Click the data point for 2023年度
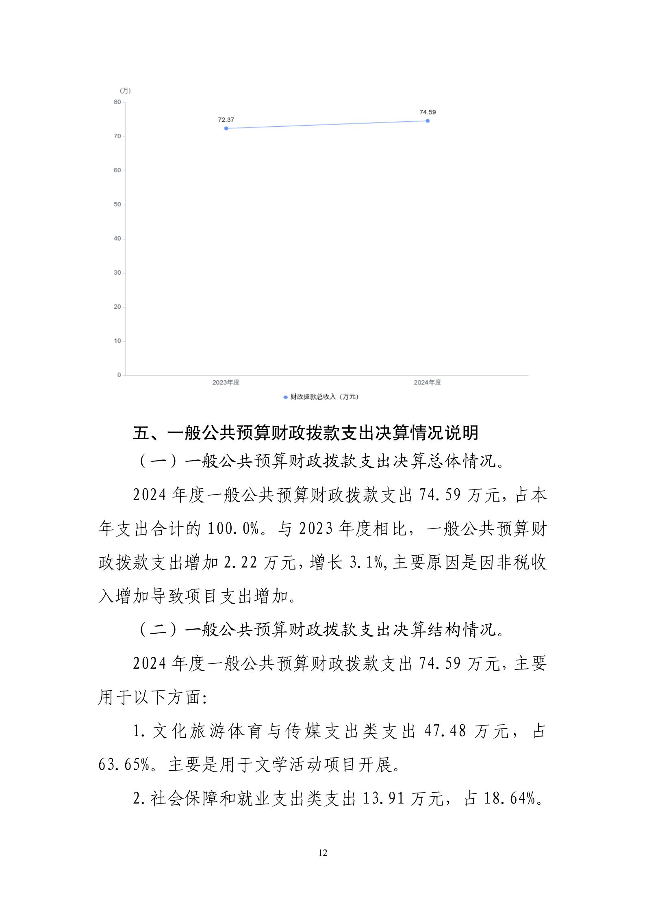tap(226, 128)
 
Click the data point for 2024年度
tap(428, 121)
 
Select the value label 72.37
tap(226, 120)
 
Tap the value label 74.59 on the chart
tap(428, 112)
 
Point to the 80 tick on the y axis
tap(117, 102)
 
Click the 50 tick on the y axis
tap(117, 204)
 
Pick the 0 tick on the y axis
tap(119, 375)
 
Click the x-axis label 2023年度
tap(226, 382)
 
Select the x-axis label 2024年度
tap(428, 382)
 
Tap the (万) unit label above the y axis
tap(125, 91)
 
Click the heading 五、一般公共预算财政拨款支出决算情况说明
tap(306, 433)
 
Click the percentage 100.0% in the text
tap(233, 529)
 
